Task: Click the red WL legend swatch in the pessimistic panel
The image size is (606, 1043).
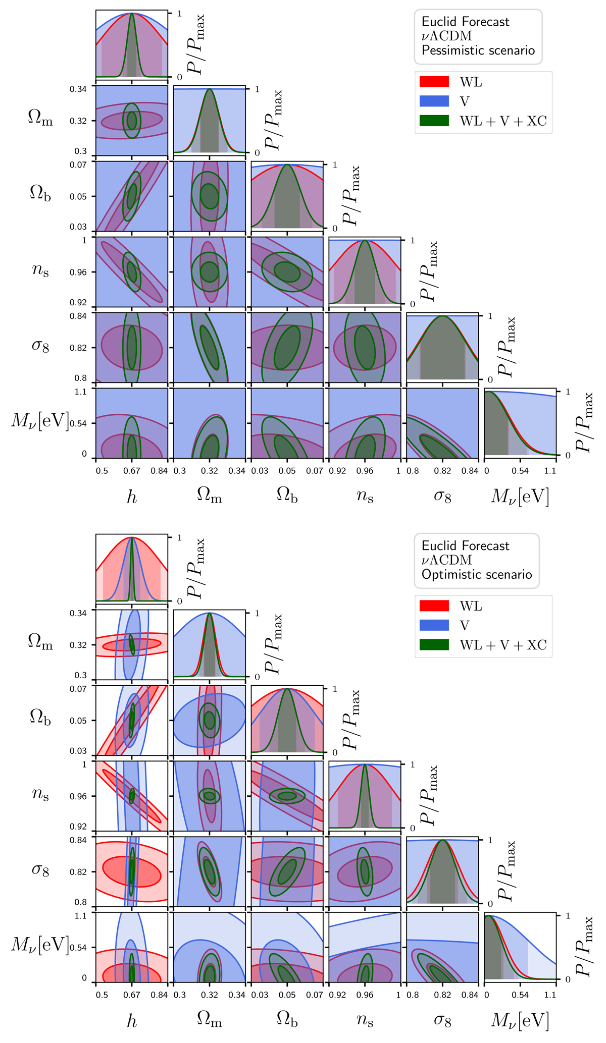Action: [434, 82]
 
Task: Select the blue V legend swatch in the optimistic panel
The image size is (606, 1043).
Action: [434, 625]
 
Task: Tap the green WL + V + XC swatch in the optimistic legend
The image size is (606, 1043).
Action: [434, 644]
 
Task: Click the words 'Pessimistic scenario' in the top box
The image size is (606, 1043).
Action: [478, 50]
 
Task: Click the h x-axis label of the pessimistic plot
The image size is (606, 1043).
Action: [131, 498]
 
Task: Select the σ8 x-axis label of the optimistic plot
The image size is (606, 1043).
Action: [442, 1021]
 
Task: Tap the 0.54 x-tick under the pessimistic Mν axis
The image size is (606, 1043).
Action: [520, 471]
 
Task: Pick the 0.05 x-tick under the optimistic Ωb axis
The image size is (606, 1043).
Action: [287, 995]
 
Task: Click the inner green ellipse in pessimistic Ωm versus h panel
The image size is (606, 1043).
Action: [131, 121]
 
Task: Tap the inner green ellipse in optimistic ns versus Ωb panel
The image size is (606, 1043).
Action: [287, 796]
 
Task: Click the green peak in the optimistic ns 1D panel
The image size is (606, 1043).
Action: [365, 765]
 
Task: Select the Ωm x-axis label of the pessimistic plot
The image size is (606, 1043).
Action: [209, 498]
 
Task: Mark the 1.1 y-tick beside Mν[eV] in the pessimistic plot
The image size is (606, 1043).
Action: [82, 391]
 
